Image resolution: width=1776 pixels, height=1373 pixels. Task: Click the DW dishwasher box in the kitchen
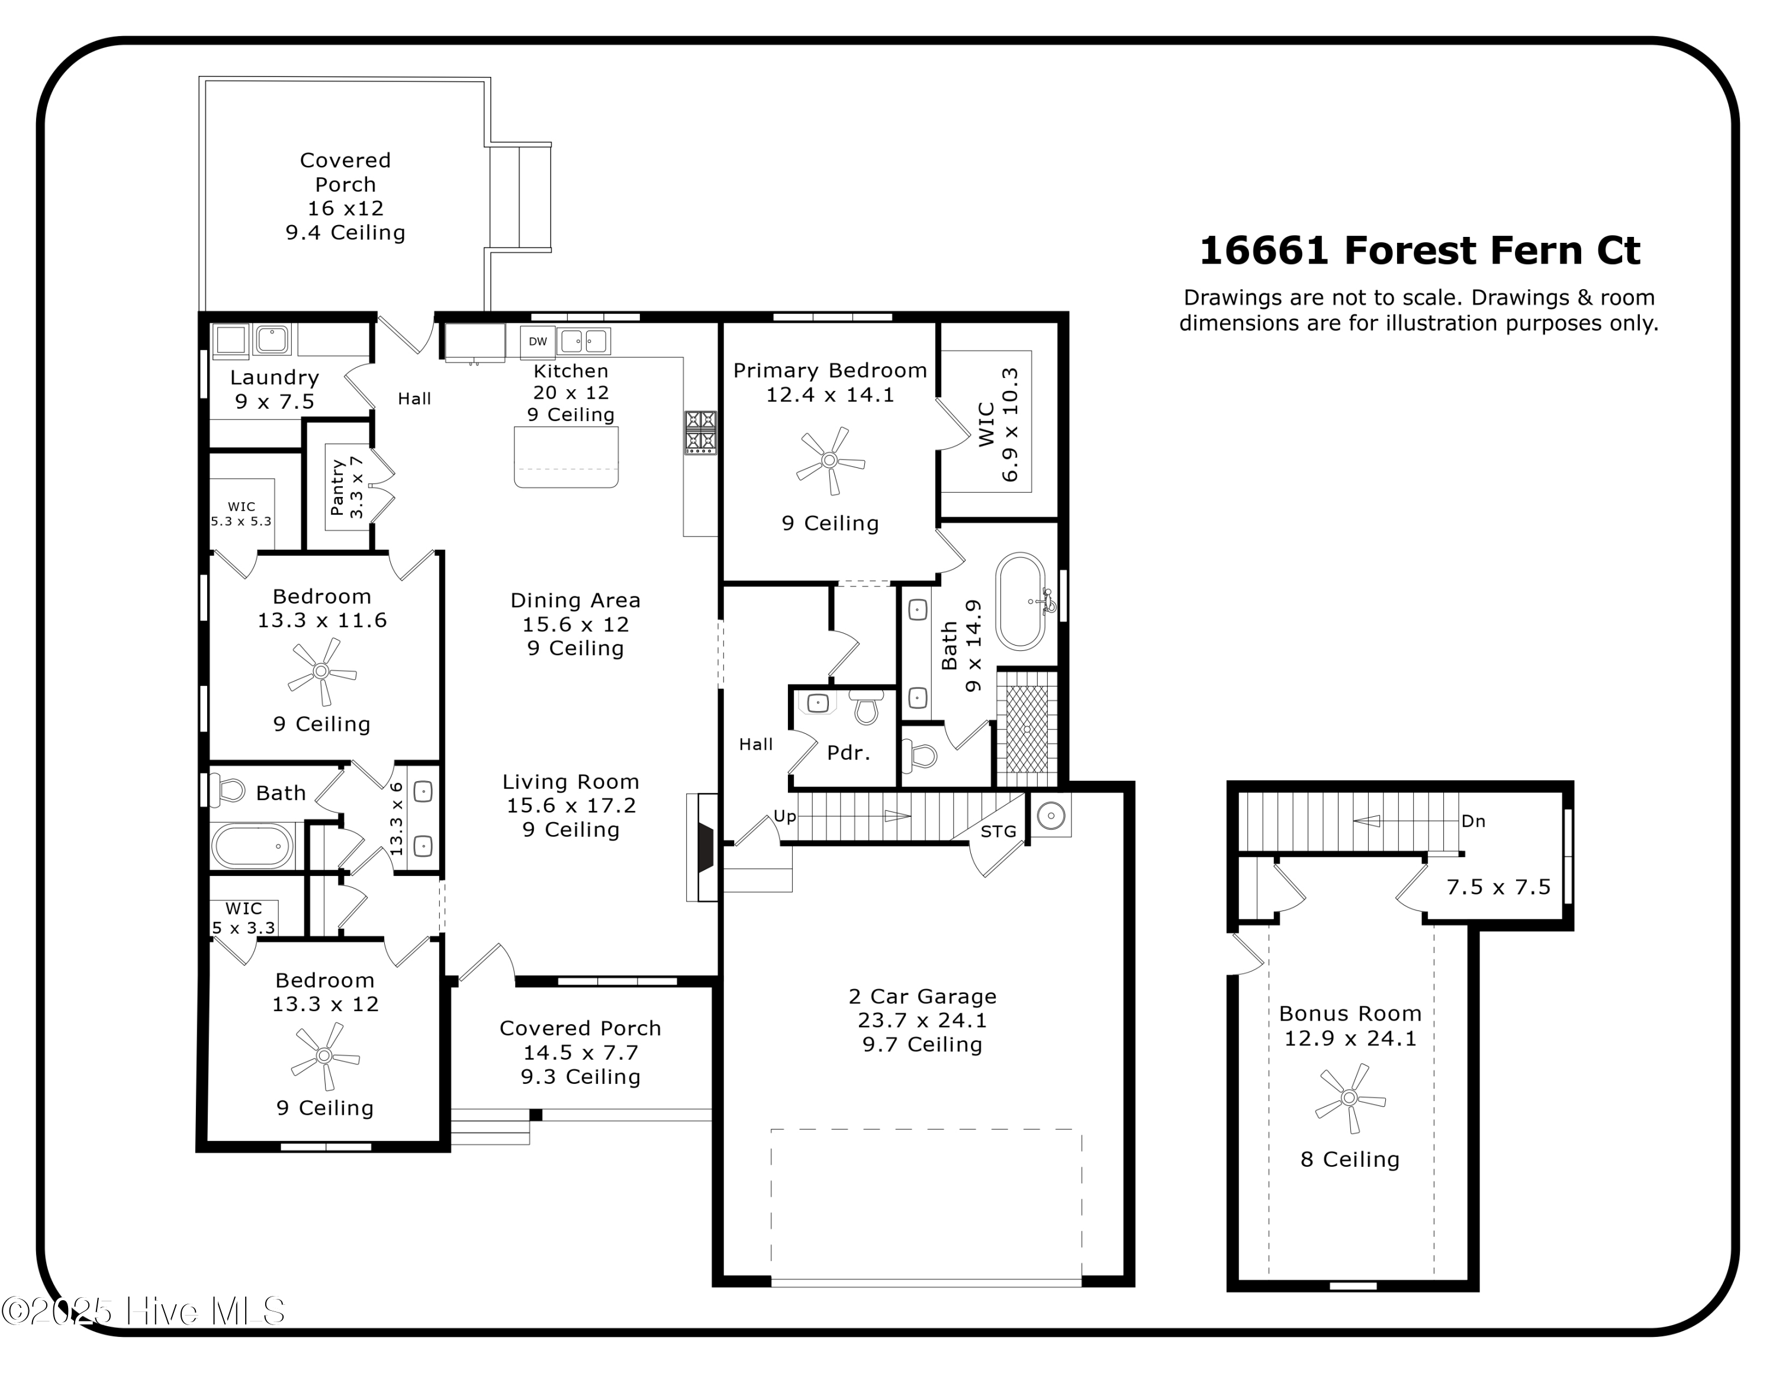click(x=538, y=342)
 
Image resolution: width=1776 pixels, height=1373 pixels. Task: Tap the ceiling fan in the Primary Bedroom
click(x=829, y=460)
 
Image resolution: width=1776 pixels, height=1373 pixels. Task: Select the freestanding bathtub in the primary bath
click(x=1020, y=601)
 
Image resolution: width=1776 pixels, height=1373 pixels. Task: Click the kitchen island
click(x=566, y=457)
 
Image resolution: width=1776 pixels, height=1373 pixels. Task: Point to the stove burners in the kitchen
click(x=700, y=432)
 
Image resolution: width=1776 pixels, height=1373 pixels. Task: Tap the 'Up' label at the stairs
click(x=784, y=816)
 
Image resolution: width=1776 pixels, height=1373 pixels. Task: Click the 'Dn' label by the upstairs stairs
click(x=1473, y=821)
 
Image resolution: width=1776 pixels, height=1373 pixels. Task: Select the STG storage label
click(x=998, y=831)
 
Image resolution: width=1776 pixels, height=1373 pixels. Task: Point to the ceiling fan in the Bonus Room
click(x=1349, y=1098)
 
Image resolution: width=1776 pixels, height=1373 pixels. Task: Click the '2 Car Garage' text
click(x=922, y=996)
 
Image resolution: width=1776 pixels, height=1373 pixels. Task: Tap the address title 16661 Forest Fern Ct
click(x=1419, y=251)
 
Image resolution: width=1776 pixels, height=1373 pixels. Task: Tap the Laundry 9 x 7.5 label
click(x=274, y=389)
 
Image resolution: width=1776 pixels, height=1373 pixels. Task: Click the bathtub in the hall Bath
click(x=252, y=845)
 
